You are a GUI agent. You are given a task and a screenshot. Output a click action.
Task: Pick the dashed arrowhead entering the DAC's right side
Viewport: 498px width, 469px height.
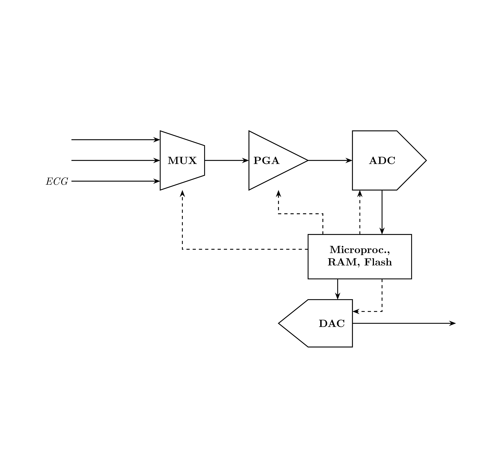[x=356, y=312]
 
